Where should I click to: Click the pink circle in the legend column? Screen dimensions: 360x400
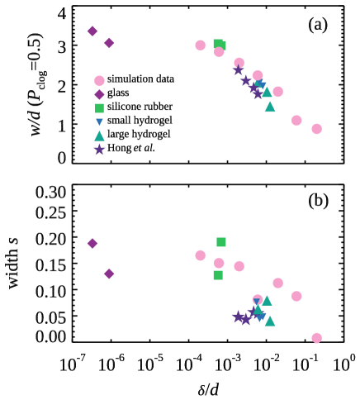click(x=99, y=81)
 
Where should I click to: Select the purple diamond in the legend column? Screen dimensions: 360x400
click(x=99, y=94)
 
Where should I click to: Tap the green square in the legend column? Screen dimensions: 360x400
click(x=99, y=108)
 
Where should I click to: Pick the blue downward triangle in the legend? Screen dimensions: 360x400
click(x=99, y=122)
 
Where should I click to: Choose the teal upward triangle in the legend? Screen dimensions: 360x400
click(x=99, y=136)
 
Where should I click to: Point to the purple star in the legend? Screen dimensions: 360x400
click(x=99, y=150)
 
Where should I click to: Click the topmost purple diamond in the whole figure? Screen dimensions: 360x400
click(x=92, y=31)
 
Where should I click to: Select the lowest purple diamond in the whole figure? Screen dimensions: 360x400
click(x=109, y=274)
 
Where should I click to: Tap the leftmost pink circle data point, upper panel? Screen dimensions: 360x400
click(x=200, y=45)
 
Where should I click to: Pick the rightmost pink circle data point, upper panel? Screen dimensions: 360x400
click(x=316, y=129)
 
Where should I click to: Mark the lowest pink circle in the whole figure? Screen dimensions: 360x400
click(x=316, y=338)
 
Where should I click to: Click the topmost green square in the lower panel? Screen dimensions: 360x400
click(x=221, y=242)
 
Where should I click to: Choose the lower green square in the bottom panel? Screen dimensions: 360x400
click(x=218, y=275)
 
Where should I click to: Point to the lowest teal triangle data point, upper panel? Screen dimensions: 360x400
click(x=270, y=107)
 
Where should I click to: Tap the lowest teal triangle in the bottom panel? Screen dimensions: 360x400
click(x=270, y=321)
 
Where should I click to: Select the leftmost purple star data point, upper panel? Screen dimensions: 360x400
click(x=238, y=70)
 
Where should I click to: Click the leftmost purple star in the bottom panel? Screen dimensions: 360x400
click(x=238, y=316)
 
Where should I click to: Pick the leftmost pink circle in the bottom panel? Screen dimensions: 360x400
click(x=200, y=255)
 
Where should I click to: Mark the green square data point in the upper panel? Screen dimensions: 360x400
click(x=219, y=45)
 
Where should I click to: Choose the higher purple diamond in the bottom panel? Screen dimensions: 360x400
click(x=92, y=244)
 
